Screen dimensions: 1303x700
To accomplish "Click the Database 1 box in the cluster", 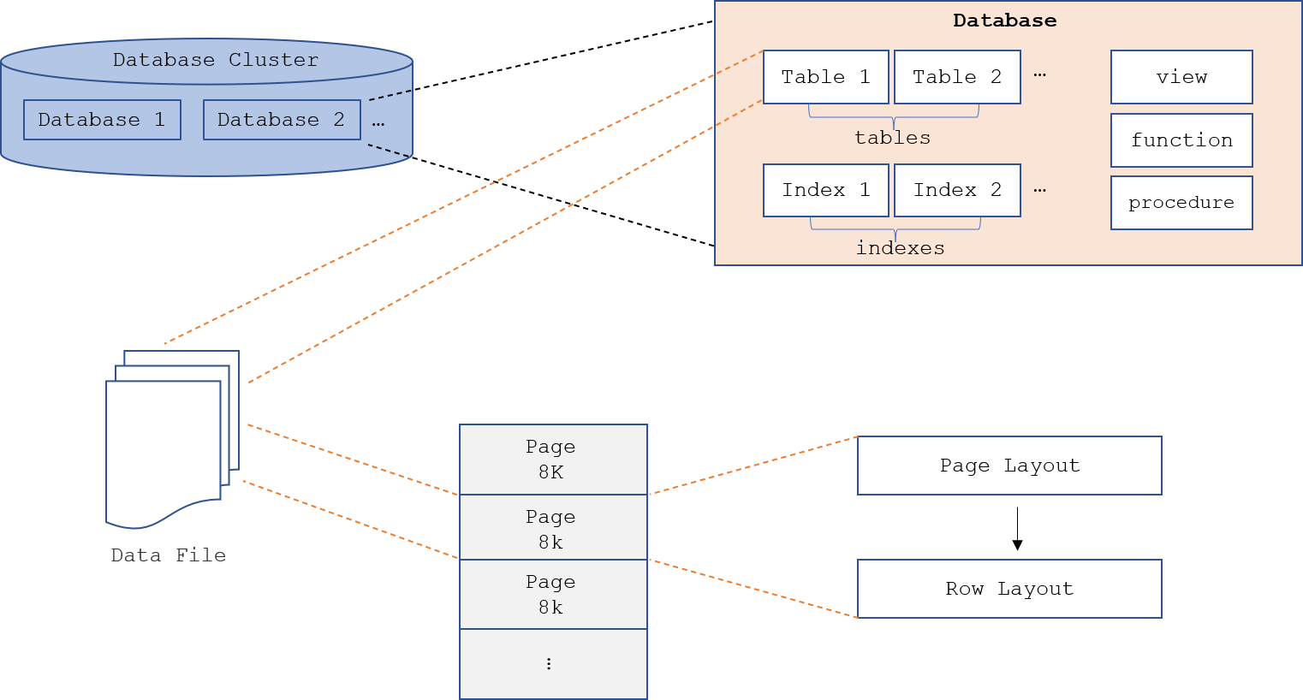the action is click(x=103, y=120).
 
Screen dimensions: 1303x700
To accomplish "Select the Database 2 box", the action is click(x=283, y=120).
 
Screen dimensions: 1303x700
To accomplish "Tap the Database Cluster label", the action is click(x=216, y=60).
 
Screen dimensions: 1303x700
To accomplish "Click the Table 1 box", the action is click(x=826, y=77).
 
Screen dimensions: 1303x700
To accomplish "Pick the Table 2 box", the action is click(x=957, y=77).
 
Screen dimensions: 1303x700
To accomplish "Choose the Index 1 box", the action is click(x=826, y=190).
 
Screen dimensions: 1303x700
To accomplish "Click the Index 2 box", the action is click(x=957, y=190).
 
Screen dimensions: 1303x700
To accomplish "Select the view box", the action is click(x=1181, y=77).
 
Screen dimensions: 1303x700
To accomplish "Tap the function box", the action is click(x=1181, y=140).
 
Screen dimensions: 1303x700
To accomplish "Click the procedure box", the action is click(x=1181, y=203).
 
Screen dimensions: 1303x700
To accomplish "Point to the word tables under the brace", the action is click(x=893, y=138).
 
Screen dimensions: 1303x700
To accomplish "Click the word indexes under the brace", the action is click(x=901, y=248).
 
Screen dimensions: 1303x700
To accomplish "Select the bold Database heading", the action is click(x=1004, y=21).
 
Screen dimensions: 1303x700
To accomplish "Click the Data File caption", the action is click(x=169, y=555).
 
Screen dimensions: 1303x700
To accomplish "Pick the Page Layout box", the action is click(x=1010, y=466).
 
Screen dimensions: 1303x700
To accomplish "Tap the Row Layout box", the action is click(x=1010, y=589).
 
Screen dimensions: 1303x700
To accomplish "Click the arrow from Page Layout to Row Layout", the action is click(x=1017, y=529).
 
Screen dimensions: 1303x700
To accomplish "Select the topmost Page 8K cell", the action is click(x=553, y=460).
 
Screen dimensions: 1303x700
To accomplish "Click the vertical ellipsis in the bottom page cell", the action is click(x=549, y=664).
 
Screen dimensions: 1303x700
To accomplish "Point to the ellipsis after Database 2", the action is click(x=378, y=124).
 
